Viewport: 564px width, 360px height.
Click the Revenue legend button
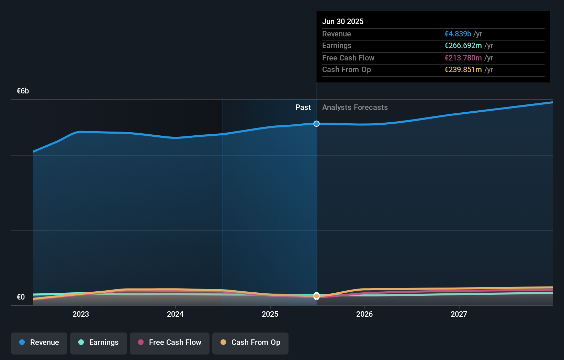39,343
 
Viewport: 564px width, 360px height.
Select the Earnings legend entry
99,343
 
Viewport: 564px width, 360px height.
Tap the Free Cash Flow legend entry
170,343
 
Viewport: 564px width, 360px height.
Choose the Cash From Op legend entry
250,343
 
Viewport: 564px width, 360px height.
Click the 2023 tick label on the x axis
81,314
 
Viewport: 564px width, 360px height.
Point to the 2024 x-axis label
175,314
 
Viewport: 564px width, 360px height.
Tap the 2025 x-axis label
270,314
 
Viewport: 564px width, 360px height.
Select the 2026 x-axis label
364,314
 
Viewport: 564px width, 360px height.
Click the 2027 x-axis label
459,314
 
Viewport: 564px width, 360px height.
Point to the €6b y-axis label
23,91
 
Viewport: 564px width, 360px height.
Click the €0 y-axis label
21,297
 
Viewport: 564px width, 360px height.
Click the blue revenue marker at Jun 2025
316,124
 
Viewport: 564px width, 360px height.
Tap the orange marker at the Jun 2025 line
316,296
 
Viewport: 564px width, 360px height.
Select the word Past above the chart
303,108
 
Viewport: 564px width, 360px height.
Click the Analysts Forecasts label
355,108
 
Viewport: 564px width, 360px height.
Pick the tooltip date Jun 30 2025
343,22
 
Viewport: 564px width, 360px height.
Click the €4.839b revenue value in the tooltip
458,34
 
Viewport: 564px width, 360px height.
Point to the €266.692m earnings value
463,46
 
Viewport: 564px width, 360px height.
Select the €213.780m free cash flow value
463,58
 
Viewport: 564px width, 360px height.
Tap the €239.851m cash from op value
463,70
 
